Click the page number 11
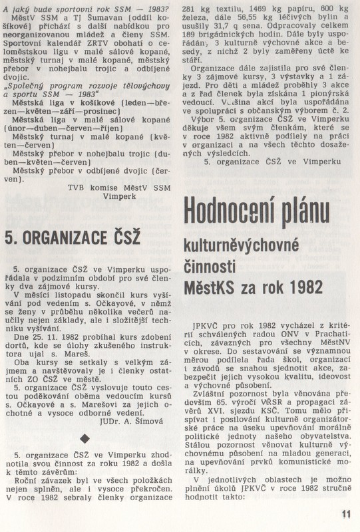coord(345,513)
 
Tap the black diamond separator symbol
coord(84,437)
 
